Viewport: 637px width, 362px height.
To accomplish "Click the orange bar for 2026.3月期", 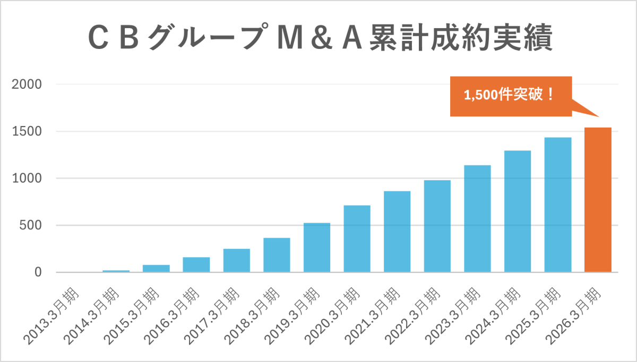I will (x=598, y=200).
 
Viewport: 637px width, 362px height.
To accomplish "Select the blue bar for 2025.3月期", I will (x=557, y=205).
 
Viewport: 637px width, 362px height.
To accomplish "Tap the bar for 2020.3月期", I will (x=357, y=239).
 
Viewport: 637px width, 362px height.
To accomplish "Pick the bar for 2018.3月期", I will (x=277, y=255).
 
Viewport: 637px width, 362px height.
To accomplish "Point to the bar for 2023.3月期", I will (x=477, y=218).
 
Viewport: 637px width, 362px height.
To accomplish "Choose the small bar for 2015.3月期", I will (x=156, y=268).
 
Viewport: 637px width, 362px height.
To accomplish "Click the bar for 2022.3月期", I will (x=437, y=226).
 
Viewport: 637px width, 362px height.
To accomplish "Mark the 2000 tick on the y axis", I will (x=27, y=85).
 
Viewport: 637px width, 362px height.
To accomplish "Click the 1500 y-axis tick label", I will (x=27, y=131).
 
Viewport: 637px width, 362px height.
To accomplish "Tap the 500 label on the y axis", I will (x=30, y=225).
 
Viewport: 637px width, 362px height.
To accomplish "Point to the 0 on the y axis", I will (x=38, y=272).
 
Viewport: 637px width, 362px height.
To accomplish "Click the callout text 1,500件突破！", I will (x=509, y=96).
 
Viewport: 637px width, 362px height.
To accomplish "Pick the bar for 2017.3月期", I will (x=236, y=260).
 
